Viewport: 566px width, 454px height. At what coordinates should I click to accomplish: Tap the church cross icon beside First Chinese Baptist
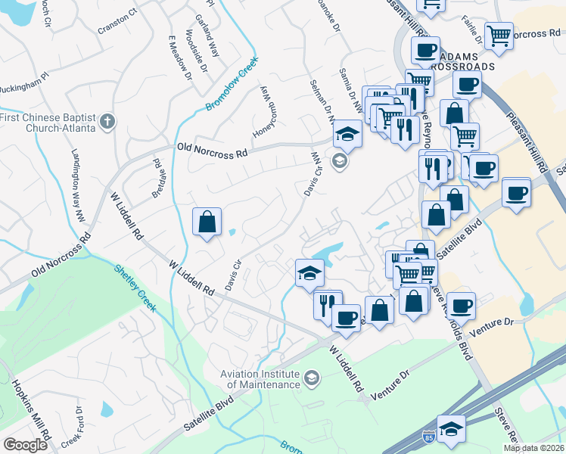point(108,120)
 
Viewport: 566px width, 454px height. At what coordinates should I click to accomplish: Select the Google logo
point(26,445)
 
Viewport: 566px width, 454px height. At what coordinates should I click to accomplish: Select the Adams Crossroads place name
point(465,61)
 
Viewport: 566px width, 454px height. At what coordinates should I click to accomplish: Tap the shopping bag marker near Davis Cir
point(207,222)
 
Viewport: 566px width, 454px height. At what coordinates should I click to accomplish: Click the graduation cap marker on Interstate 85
point(451,429)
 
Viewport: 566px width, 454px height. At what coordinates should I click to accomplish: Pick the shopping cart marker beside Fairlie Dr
point(499,34)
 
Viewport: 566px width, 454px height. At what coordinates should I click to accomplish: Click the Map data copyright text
point(533,448)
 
